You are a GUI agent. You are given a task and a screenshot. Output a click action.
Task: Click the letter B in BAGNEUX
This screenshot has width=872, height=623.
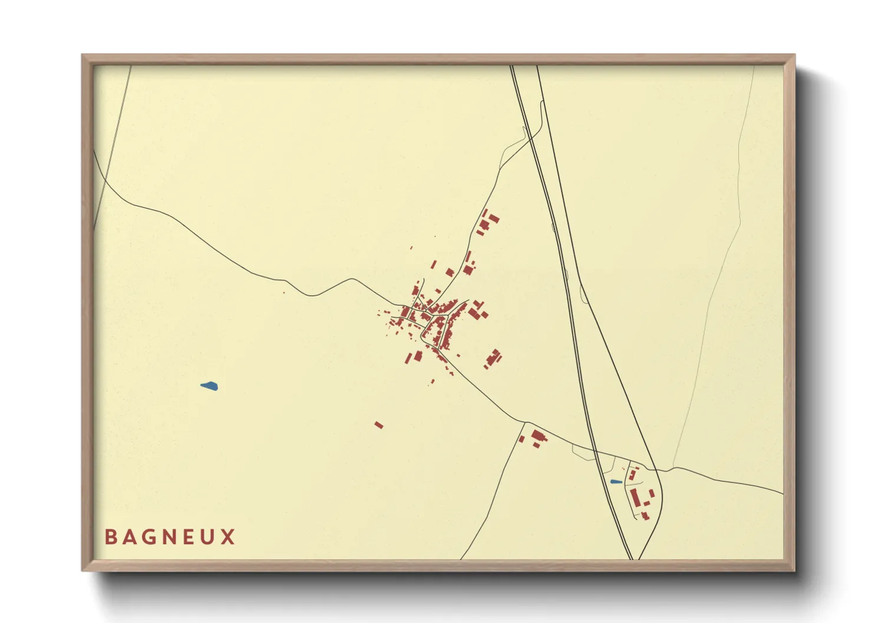coord(110,537)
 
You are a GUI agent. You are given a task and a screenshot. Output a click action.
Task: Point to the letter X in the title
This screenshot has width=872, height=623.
coord(229,537)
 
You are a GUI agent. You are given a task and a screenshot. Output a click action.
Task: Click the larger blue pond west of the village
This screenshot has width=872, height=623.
coord(209,386)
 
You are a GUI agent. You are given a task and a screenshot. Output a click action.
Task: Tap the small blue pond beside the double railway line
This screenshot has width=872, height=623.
coord(616,482)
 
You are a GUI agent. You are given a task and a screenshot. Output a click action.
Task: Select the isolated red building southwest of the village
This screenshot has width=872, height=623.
coord(379,425)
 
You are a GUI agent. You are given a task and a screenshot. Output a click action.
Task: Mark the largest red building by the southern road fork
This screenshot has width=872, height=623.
coord(537,436)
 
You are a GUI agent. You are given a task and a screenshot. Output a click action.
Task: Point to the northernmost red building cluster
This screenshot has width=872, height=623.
coord(487,222)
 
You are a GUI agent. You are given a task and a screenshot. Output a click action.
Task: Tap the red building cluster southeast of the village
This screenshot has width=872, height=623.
coord(493,357)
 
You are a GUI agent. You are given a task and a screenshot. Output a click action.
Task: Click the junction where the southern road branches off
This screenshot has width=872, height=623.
coord(524,422)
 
